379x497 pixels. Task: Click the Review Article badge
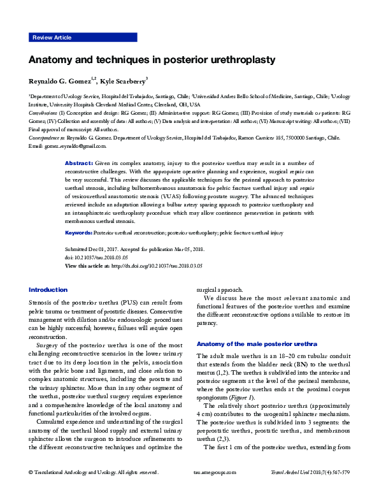pos(52,38)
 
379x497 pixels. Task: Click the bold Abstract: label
pos(80,164)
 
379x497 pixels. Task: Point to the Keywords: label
pos(79,233)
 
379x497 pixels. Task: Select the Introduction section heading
pos(48,289)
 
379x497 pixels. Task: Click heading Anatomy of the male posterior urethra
pos(253,343)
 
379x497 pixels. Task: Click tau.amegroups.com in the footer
pos(214,490)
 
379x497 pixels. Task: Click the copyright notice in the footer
pos(93,490)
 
